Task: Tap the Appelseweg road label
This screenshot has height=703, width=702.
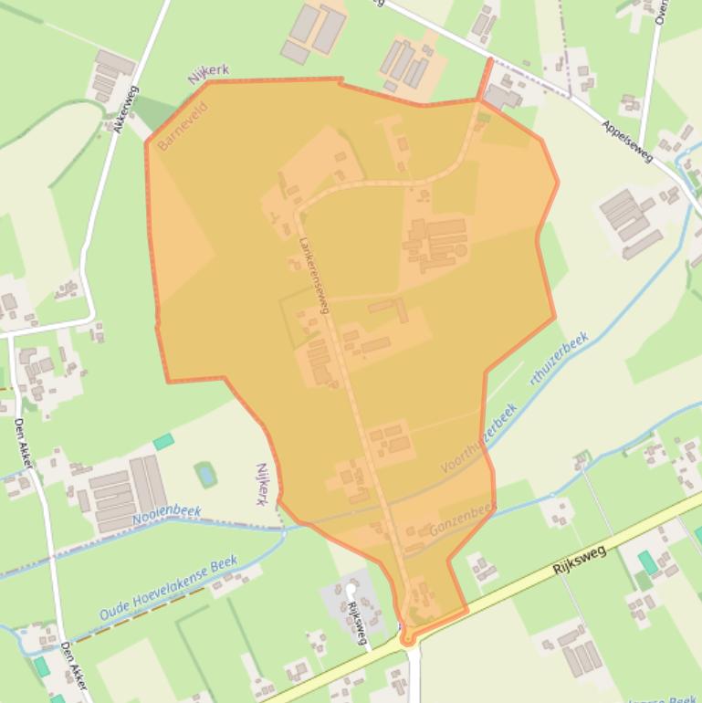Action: [x=627, y=141]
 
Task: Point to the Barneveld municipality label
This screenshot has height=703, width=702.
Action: [x=182, y=127]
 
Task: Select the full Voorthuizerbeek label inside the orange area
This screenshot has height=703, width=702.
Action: [x=479, y=438]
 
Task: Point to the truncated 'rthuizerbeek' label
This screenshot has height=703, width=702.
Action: [x=559, y=361]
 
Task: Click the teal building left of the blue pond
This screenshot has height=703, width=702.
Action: [x=163, y=442]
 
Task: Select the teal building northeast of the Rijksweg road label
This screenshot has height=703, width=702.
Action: [x=647, y=561]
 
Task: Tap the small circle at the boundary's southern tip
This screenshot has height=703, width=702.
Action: [x=407, y=641]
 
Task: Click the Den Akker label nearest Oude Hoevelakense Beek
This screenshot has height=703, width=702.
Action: [x=72, y=662]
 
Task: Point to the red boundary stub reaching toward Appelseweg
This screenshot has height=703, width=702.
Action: [x=486, y=79]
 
